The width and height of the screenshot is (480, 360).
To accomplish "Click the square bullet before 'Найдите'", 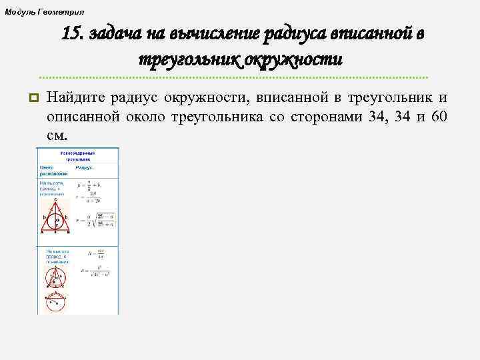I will point(31,99).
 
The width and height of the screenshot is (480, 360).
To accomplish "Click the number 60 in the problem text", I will point(439,117).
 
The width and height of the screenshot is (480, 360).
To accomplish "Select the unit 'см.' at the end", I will point(57,135).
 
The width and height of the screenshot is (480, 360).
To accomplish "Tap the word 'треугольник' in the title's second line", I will point(189,60).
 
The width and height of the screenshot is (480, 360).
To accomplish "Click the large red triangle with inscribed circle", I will point(57,216).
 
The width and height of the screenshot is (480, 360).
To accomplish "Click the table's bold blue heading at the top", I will point(77,157).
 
